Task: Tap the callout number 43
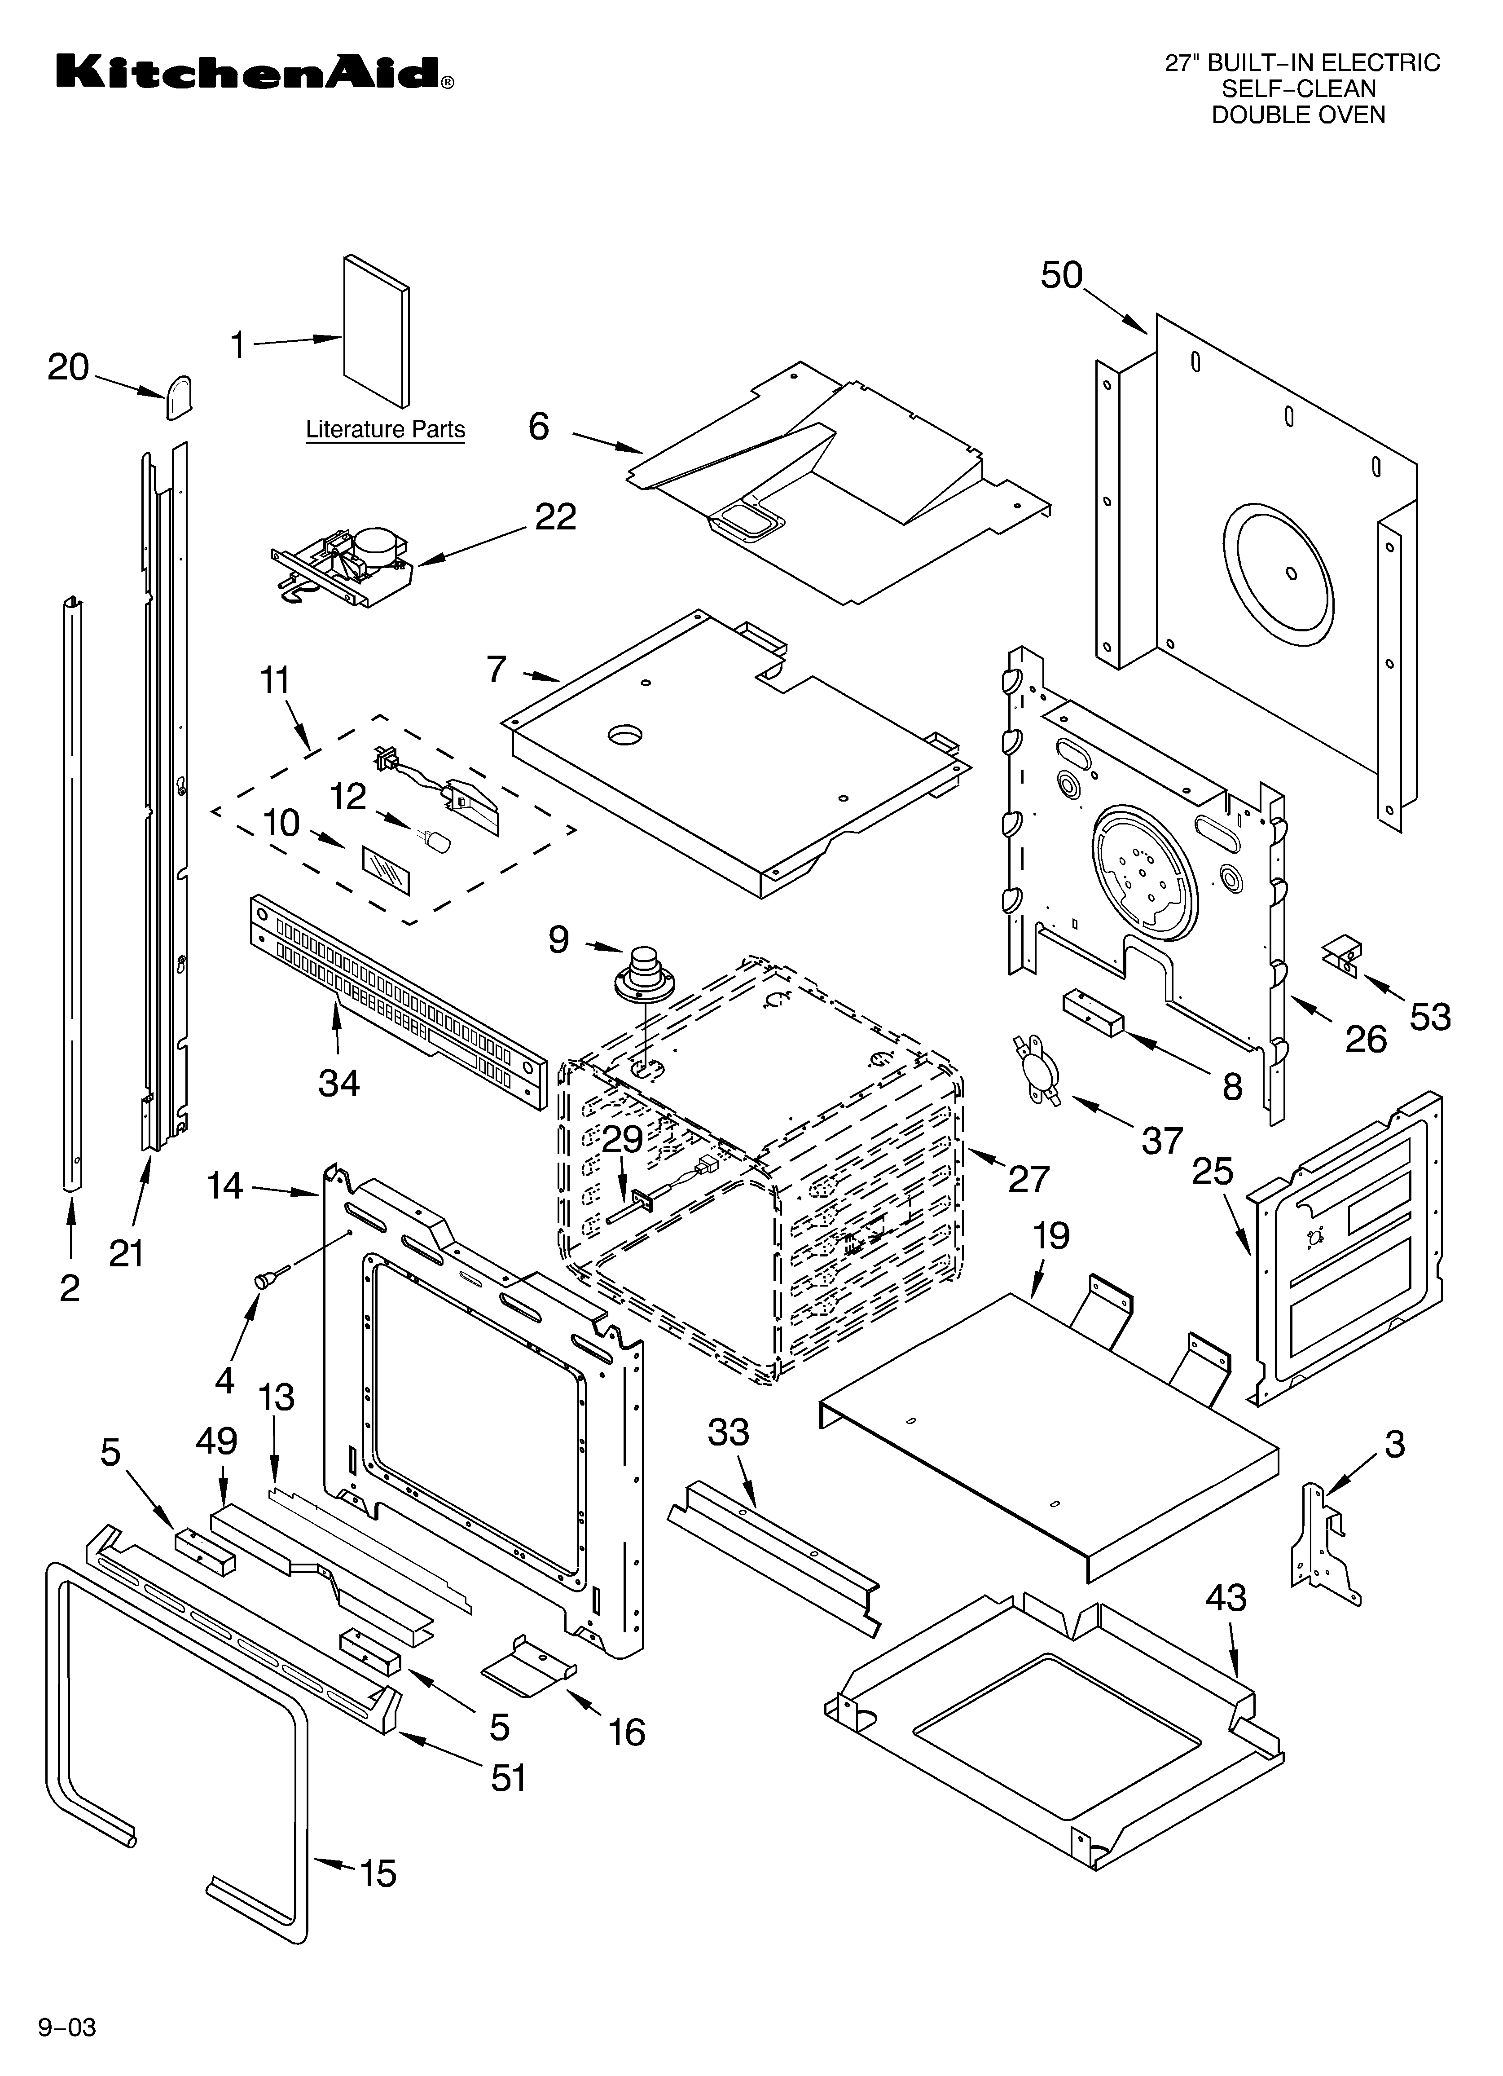point(1226,1598)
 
